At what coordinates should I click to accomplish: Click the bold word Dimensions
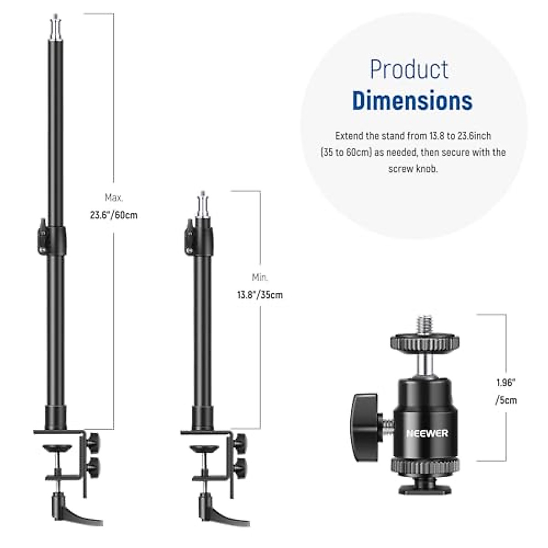[412, 100]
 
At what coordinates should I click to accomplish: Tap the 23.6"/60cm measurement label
[113, 215]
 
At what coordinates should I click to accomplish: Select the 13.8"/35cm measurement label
[260, 295]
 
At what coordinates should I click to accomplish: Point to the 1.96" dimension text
[506, 383]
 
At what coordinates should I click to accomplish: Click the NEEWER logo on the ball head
[427, 433]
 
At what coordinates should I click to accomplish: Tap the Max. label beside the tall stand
[114, 197]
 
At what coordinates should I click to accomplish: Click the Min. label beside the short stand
[260, 277]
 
